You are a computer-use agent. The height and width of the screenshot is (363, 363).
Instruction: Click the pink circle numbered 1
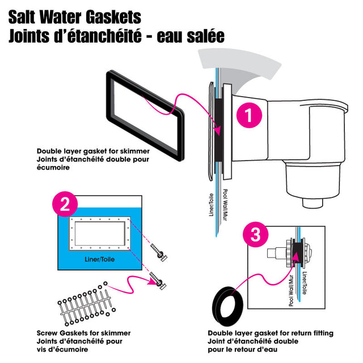point(247,116)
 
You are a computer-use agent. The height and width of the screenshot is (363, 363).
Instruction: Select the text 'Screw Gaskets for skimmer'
point(83,332)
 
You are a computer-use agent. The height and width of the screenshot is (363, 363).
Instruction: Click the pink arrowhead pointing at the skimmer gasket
point(219,131)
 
